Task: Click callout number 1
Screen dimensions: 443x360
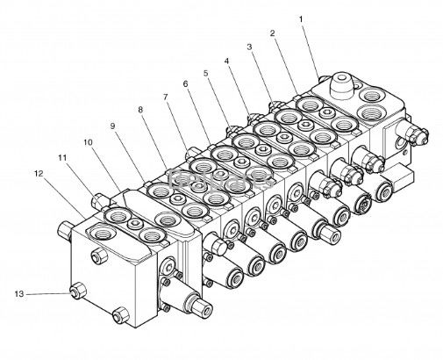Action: tap(301, 19)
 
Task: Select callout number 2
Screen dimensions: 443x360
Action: tap(272, 33)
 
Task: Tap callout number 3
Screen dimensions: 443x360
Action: tap(249, 47)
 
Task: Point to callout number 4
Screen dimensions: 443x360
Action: tap(226, 61)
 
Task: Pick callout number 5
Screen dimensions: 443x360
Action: tap(206, 73)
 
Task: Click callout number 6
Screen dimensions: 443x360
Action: tap(185, 84)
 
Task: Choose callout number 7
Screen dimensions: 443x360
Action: tap(166, 97)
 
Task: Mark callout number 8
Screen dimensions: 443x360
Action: tap(140, 110)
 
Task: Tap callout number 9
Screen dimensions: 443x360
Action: tap(112, 126)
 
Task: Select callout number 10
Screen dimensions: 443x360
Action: tap(88, 142)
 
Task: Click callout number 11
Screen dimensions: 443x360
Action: tap(62, 158)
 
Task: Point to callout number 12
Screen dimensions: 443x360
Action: tap(39, 174)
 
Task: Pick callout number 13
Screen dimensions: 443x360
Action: tap(19, 293)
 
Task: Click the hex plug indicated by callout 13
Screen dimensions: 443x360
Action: tap(78, 291)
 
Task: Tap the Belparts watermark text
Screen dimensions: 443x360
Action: tap(221, 179)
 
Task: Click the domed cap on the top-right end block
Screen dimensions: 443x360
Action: tap(341, 86)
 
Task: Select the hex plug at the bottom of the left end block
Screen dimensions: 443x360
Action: tap(120, 314)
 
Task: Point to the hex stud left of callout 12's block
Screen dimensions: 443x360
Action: tap(65, 230)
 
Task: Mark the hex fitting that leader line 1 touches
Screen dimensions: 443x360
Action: tap(323, 79)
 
